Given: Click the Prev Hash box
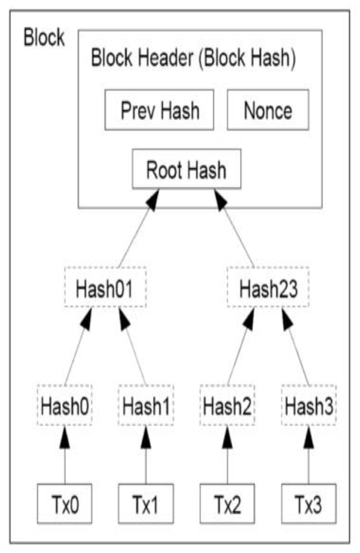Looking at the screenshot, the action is coord(159,110).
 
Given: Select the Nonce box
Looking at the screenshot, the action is coord(268,110).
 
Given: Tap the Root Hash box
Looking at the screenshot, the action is coord(187,169).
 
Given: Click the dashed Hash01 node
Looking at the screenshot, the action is coord(105,287).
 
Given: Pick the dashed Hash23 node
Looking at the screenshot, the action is coord(268,287).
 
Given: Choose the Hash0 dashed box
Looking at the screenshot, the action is coord(64,405).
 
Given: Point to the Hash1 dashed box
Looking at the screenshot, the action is coord(146,405).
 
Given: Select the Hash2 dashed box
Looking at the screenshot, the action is coord(227,405).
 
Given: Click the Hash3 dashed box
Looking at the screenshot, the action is coord(309,405).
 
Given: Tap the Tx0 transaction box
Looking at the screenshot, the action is coord(64,504).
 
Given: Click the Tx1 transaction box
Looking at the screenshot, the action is coord(146,504).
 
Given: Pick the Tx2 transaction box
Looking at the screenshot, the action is coord(227,504).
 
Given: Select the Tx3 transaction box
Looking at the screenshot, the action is coord(309,504).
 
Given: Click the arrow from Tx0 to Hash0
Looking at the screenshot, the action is coord(64,455).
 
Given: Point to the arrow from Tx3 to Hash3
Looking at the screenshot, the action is coord(309,455).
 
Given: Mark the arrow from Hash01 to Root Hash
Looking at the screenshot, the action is coord(139,228).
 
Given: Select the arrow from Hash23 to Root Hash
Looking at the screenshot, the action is coord(234,228).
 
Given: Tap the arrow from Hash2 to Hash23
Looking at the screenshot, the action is coord(241,346).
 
